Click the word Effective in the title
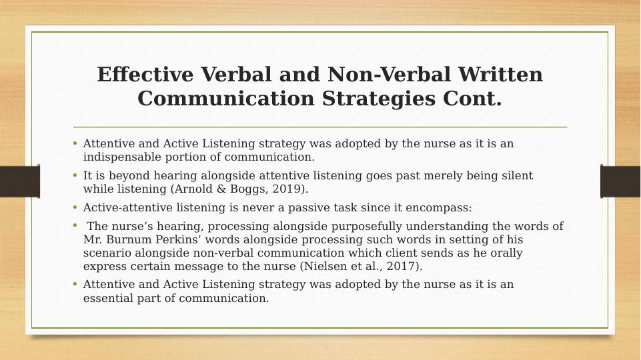point(145,75)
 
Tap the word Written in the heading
point(500,75)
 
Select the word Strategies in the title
point(379,99)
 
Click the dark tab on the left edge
point(19,181)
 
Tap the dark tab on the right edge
point(620,181)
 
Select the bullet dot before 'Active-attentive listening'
point(75,207)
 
